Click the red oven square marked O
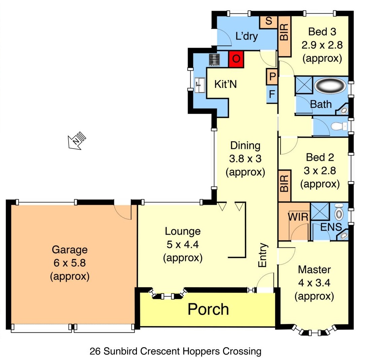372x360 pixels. click(x=236, y=59)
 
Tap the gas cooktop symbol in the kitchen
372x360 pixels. click(x=214, y=60)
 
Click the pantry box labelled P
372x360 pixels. click(x=272, y=77)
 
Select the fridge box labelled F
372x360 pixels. click(x=272, y=94)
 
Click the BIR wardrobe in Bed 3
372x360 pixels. click(x=284, y=36)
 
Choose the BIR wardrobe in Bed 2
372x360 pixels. click(x=285, y=186)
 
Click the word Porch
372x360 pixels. click(x=208, y=309)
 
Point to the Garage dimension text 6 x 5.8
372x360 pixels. click(x=70, y=263)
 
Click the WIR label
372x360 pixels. click(x=298, y=217)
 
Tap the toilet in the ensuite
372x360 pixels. click(x=339, y=213)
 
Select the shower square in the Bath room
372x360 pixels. click(x=304, y=85)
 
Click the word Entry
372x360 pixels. click(x=263, y=255)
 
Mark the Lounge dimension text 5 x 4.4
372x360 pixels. click(x=182, y=244)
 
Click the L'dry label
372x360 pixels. click(x=247, y=36)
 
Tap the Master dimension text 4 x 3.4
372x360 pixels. click(x=314, y=283)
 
